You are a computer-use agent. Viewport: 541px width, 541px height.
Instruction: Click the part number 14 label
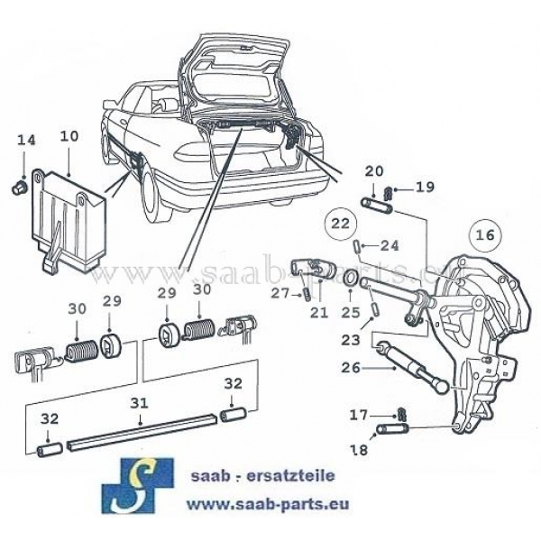26,140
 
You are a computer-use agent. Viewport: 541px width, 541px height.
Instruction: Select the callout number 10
69,137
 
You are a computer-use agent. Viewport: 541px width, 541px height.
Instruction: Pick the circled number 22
339,223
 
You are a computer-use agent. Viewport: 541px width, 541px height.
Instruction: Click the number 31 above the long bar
140,403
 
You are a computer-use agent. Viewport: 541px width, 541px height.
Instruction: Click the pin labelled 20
378,204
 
